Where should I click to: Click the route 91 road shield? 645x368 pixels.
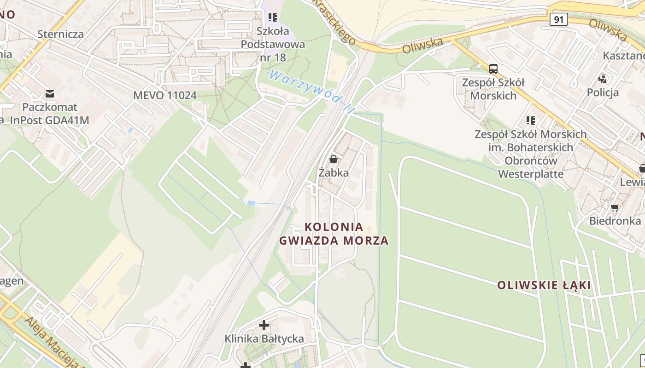pyautogui.click(x=558, y=19)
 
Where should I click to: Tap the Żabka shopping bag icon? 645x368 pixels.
pyautogui.click(x=334, y=159)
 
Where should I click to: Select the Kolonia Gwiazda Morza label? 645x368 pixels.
pyautogui.click(x=334, y=234)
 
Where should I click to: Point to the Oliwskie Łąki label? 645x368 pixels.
pyautogui.click(x=544, y=285)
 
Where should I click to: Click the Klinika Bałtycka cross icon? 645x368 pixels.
pyautogui.click(x=264, y=325)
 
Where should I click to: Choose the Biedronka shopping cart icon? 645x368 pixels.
pyautogui.click(x=615, y=207)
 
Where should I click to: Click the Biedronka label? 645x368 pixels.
pyautogui.click(x=615, y=221)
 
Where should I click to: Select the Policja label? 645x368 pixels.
pyautogui.click(x=603, y=92)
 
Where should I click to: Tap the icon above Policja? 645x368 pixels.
pyautogui.click(x=602, y=79)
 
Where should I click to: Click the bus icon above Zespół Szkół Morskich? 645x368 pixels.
pyautogui.click(x=493, y=69)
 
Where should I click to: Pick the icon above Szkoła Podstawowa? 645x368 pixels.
pyautogui.click(x=273, y=17)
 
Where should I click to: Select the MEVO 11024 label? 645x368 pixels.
pyautogui.click(x=165, y=95)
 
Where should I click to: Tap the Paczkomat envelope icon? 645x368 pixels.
pyautogui.click(x=50, y=94)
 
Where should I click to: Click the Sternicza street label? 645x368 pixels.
pyautogui.click(x=61, y=34)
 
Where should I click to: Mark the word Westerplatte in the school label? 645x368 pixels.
pyautogui.click(x=531, y=174)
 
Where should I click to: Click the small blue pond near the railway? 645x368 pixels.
pyautogui.click(x=251, y=203)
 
